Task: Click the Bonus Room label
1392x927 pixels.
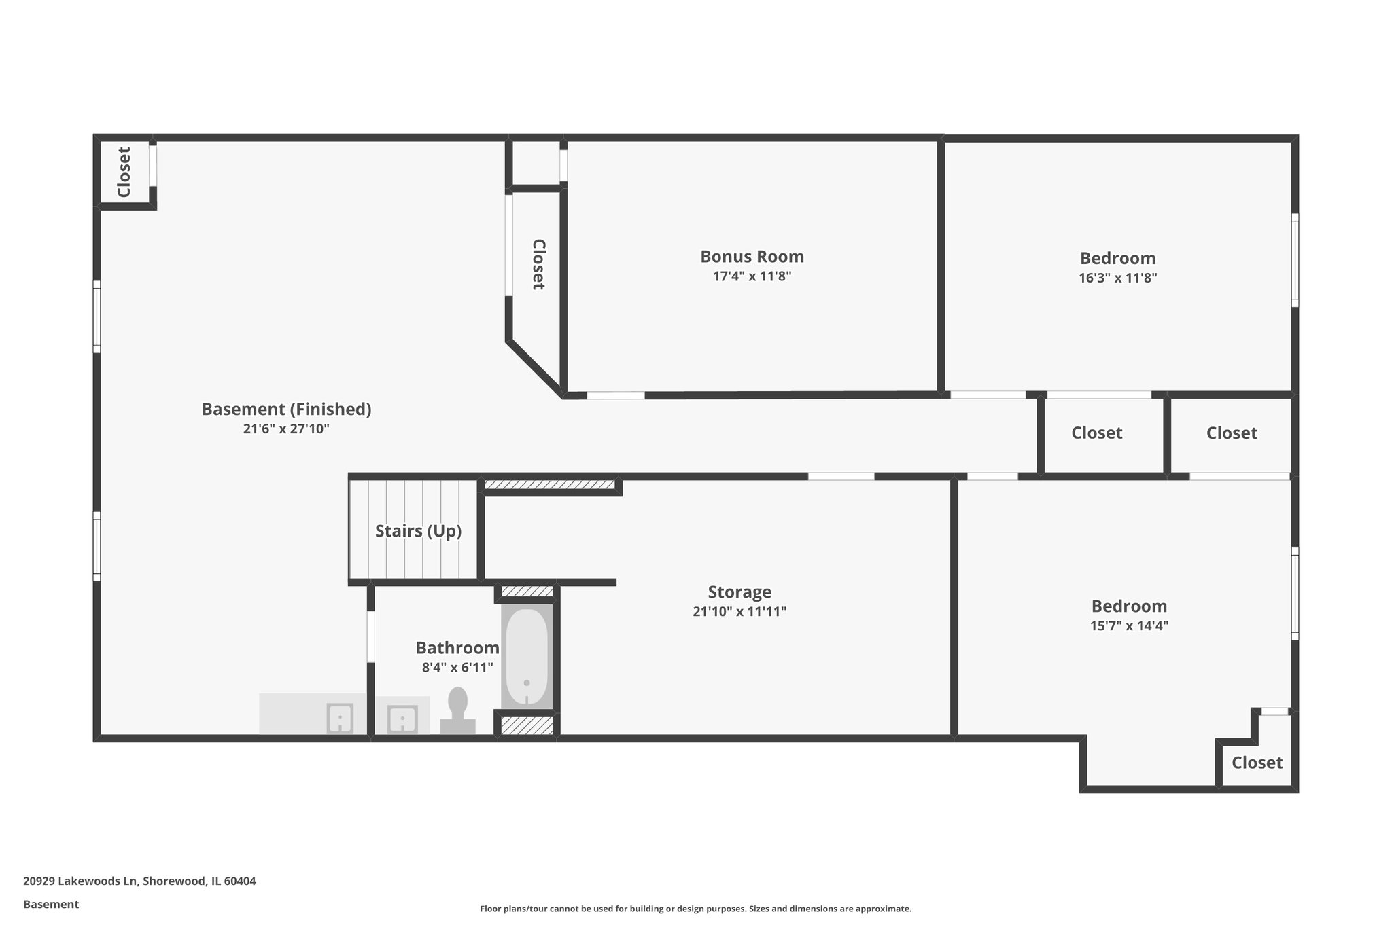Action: coord(752,257)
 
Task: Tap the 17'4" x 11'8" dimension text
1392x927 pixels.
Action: coord(752,276)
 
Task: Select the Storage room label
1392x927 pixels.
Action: coord(739,592)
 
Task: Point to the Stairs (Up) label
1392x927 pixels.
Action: coord(418,530)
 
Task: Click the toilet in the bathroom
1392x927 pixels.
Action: coord(457,710)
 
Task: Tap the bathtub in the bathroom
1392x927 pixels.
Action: coord(527,656)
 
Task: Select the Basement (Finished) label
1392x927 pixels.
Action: coord(286,409)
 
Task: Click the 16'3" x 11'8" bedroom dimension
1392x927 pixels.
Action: coord(1117,278)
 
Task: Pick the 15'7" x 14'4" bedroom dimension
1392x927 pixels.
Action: coord(1129,626)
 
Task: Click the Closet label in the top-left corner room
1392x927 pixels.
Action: coord(124,172)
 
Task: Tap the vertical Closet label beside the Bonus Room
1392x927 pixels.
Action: coord(538,264)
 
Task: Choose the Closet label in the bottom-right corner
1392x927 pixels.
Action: coord(1257,763)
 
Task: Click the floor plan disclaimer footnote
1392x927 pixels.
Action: coord(695,909)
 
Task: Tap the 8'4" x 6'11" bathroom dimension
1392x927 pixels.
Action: coord(457,668)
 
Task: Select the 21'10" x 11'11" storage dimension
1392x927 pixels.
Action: coord(739,611)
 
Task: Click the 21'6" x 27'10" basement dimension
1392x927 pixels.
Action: coord(286,429)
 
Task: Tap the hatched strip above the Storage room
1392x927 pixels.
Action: coord(549,484)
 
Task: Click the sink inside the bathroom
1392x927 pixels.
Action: coord(402,719)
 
